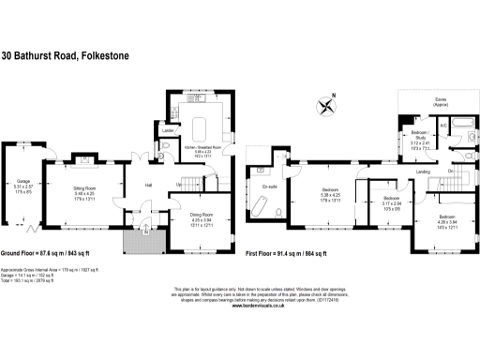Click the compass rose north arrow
pyautogui.click(x=326, y=105)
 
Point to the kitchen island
pyautogui.click(x=201, y=127)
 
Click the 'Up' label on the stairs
pyautogui.click(x=179, y=185)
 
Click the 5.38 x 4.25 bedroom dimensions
pyautogui.click(x=329, y=194)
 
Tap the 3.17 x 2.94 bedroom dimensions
pyautogui.click(x=392, y=205)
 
